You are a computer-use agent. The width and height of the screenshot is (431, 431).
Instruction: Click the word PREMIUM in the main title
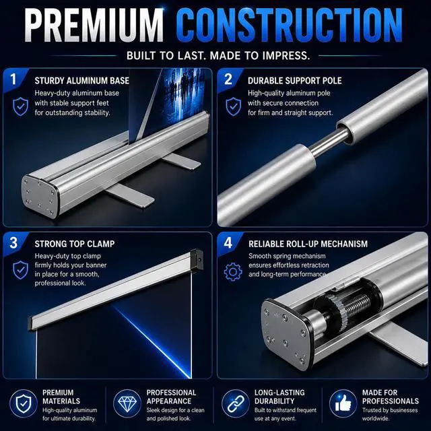click(94, 26)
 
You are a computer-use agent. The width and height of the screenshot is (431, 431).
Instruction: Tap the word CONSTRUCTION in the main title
click(289, 26)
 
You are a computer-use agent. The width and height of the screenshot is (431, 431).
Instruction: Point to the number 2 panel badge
click(228, 79)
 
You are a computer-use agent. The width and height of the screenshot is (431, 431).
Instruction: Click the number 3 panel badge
click(13, 242)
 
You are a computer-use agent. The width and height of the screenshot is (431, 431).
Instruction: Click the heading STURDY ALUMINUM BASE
click(81, 81)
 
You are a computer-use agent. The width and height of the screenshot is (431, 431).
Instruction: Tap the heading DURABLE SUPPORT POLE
click(295, 81)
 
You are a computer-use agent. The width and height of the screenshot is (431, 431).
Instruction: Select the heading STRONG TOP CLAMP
click(75, 244)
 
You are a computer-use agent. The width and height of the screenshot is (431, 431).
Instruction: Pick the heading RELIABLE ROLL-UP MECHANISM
click(308, 244)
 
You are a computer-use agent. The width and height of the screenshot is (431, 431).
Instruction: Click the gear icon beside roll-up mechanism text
click(233, 272)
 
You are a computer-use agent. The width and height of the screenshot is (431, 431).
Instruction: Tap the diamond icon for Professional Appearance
click(127, 403)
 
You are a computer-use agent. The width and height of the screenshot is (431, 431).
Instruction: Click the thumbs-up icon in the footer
click(343, 403)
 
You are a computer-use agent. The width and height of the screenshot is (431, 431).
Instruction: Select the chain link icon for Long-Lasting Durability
click(235, 403)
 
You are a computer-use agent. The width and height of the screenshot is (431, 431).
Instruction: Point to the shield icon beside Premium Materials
click(24, 403)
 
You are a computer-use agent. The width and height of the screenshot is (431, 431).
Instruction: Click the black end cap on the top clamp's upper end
click(197, 259)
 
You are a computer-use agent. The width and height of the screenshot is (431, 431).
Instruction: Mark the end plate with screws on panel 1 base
click(40, 196)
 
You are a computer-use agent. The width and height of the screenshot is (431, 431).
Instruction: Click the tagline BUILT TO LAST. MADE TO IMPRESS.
click(218, 55)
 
